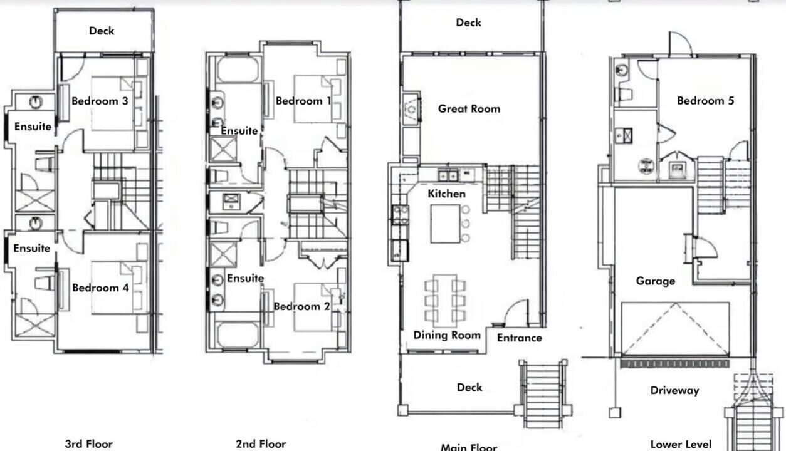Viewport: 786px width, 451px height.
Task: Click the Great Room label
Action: coord(469,109)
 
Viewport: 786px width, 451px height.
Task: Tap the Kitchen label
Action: coord(446,194)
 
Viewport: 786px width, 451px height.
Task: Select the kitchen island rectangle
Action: coord(445,224)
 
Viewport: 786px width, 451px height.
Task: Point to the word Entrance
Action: coord(520,338)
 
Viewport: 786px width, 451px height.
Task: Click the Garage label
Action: coord(656,281)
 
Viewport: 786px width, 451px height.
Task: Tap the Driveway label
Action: coord(674,390)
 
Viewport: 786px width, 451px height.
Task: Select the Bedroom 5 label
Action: coord(705,101)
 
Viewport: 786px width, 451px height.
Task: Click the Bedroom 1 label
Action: coord(303,101)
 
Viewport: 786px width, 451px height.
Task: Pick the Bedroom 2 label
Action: coord(301,306)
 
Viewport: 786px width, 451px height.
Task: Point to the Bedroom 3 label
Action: coord(100,101)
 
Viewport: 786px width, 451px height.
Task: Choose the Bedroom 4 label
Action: coord(100,288)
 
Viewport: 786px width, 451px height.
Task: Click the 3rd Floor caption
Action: coord(89,444)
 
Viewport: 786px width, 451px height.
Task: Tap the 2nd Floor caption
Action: coord(261,444)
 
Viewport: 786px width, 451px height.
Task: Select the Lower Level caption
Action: coord(681,444)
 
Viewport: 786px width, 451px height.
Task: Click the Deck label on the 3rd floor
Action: coord(102,31)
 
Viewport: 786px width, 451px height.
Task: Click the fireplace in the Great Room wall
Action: coord(411,109)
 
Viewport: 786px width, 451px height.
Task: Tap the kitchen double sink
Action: coord(448,175)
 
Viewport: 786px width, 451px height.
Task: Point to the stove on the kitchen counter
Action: coord(401,215)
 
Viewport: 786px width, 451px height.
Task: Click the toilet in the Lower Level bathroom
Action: coord(623,95)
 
